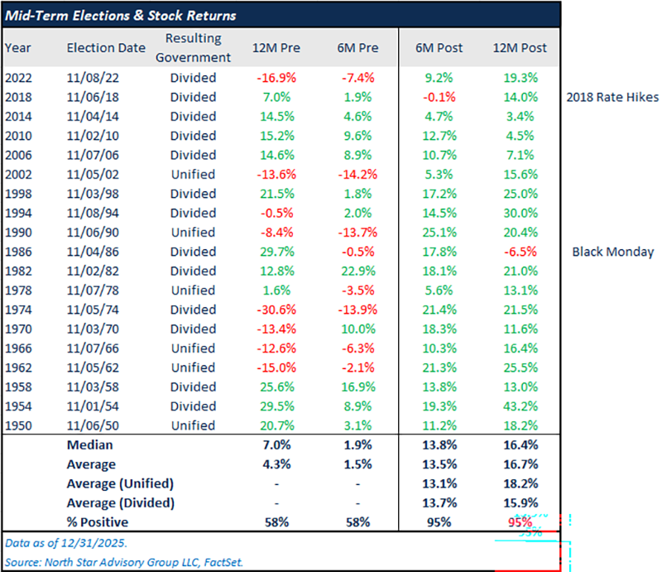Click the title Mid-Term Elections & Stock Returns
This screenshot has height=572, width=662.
click(122, 16)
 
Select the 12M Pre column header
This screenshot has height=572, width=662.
click(276, 48)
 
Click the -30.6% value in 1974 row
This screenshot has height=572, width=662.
click(276, 310)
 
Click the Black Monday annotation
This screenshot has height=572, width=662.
click(612, 252)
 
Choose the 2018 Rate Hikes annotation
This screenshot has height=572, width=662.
click(612, 97)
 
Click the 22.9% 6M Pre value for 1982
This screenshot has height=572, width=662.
click(357, 271)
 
